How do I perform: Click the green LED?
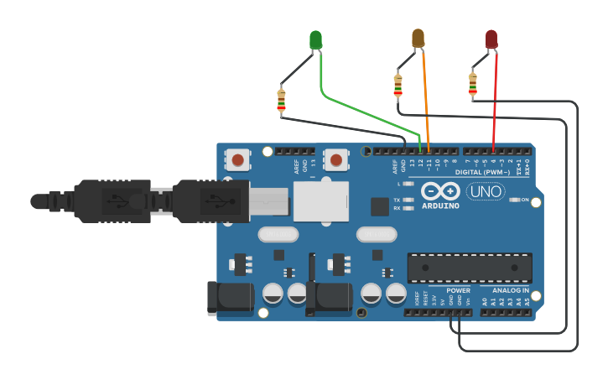click(315, 39)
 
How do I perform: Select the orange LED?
click(418, 38)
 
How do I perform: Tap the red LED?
click(491, 39)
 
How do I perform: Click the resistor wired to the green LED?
click(281, 101)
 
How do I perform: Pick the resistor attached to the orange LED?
click(398, 86)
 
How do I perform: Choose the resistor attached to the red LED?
click(472, 84)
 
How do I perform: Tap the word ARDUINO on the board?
click(440, 206)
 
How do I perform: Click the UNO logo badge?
click(485, 191)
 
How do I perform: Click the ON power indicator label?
click(525, 200)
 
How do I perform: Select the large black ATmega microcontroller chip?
click(470, 268)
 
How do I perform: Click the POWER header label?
click(458, 290)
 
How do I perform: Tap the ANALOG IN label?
click(510, 290)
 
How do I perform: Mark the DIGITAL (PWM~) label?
click(482, 172)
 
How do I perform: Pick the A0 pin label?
click(485, 300)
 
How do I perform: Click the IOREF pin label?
click(417, 299)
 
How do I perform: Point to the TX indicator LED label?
click(397, 200)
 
